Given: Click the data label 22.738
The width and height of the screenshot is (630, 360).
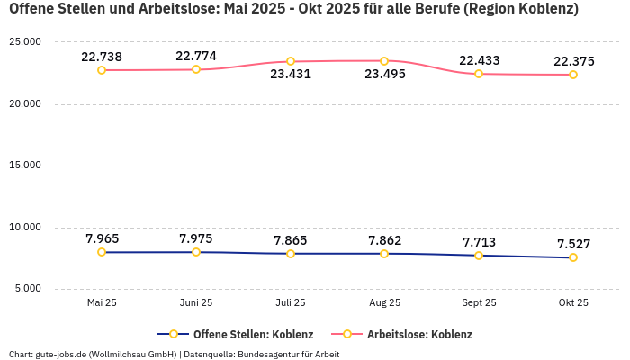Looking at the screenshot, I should click(102, 57).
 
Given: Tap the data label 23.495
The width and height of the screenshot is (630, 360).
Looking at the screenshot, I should click(384, 74).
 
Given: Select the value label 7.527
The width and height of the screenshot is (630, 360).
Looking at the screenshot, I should click(573, 244).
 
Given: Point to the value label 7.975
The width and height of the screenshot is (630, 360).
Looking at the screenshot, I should click(196, 238).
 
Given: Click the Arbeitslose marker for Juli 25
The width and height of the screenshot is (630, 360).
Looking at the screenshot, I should click(291, 61).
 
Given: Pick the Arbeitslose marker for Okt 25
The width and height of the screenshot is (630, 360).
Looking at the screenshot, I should click(573, 75).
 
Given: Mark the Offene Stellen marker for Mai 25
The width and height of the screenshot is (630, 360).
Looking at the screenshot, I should click(102, 252).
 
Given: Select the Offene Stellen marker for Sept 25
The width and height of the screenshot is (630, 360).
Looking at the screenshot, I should click(479, 256).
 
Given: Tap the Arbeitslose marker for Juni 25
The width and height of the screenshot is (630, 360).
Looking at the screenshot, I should click(196, 69).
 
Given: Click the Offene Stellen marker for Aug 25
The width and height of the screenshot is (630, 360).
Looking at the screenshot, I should click(384, 254).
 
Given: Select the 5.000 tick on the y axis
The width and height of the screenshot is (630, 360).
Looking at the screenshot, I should click(27, 289).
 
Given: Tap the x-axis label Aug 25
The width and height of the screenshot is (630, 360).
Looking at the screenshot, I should click(384, 303).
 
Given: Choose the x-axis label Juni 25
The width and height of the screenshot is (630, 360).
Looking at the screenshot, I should click(196, 303).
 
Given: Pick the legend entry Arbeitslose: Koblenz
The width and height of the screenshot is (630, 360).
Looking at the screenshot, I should click(418, 334).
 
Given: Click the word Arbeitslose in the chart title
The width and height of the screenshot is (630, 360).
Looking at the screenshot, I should click(177, 9).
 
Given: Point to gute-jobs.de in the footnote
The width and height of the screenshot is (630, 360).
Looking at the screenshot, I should click(58, 354).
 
